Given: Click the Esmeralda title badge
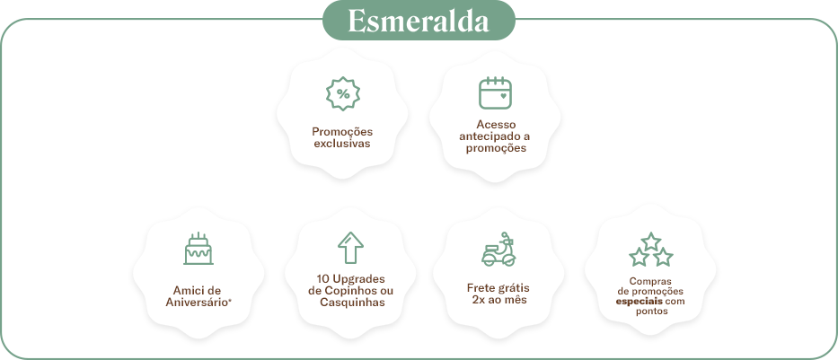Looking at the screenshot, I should [419, 22].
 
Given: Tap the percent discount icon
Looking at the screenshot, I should [341, 93].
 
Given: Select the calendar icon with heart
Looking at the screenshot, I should [494, 92].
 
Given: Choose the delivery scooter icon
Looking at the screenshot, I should [498, 250].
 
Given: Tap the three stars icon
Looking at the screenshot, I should [649, 250].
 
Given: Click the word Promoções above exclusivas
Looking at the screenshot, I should [341, 131].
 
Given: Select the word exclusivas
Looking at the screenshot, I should [341, 143].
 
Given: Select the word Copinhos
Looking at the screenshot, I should [351, 290].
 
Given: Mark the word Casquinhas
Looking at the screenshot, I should [351, 303].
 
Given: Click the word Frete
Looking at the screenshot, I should [481, 287].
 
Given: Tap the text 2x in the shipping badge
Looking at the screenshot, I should [479, 300].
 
